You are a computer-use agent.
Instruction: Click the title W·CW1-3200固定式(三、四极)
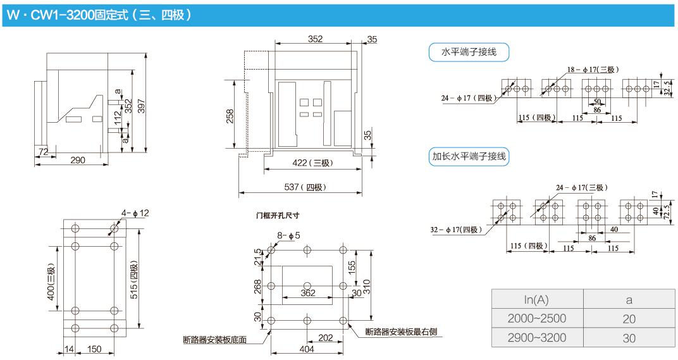(98, 15)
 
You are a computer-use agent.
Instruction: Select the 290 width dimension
(77, 160)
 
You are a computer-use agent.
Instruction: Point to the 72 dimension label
(44, 151)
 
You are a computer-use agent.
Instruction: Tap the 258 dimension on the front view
(230, 116)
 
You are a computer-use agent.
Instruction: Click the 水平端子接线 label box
(469, 53)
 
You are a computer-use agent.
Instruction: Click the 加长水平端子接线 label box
(470, 156)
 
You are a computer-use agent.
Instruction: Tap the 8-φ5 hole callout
(288, 236)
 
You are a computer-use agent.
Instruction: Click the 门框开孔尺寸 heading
(278, 215)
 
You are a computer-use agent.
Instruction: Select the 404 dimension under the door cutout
(306, 349)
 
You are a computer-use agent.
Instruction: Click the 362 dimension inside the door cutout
(308, 292)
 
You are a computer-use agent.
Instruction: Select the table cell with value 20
(628, 319)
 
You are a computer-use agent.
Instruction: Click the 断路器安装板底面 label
(216, 340)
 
